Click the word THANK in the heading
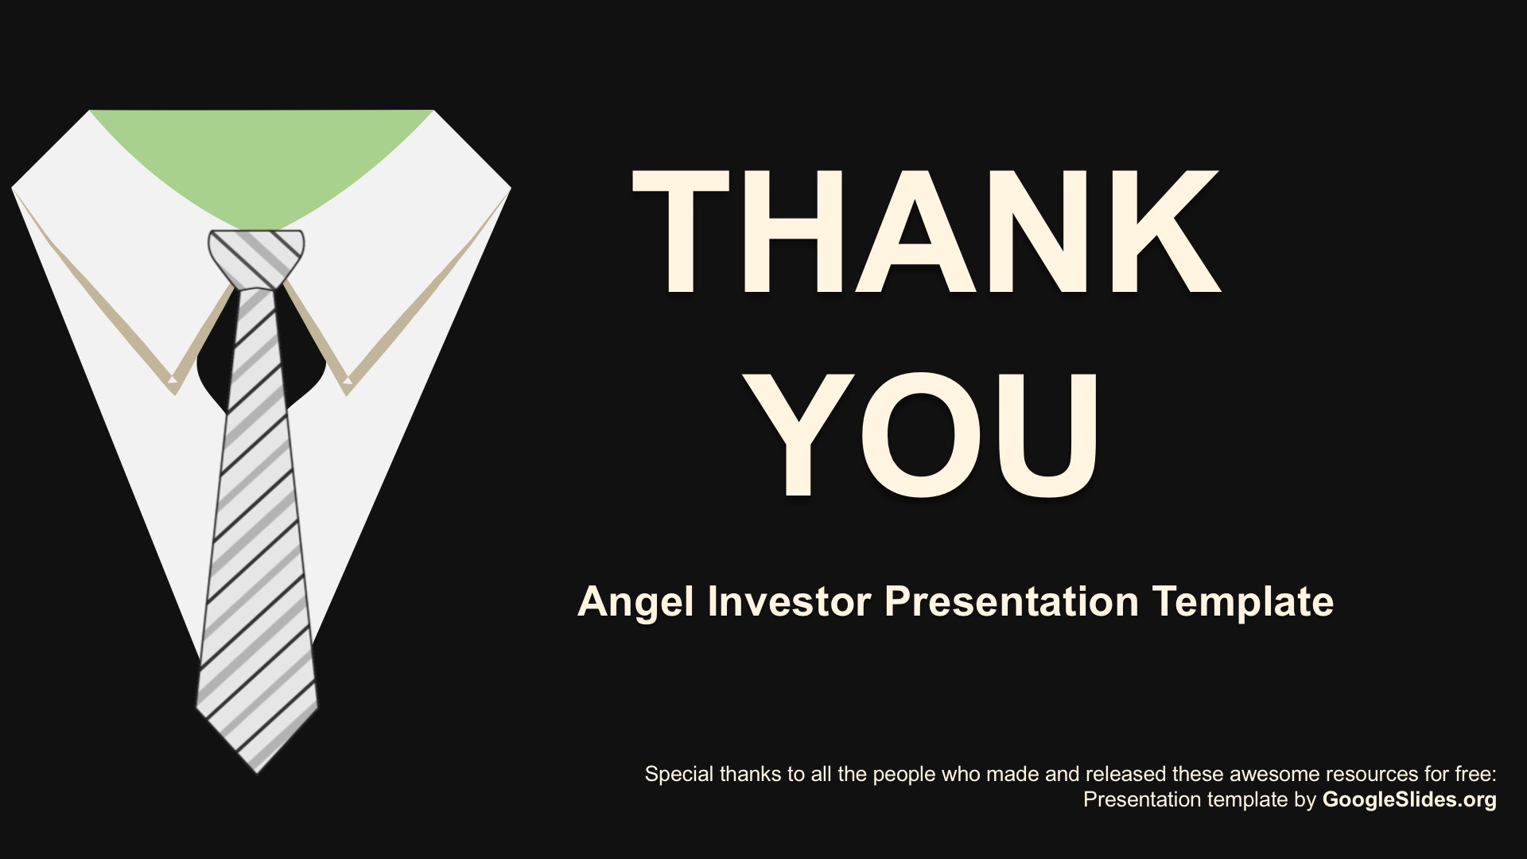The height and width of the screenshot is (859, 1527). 927,231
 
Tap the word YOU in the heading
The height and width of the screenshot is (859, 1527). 925,434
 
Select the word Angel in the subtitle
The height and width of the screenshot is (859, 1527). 635,602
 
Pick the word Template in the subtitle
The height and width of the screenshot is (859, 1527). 1243,602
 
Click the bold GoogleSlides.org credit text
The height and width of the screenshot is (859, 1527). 1409,799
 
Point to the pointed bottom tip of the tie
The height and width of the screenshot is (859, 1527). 257,770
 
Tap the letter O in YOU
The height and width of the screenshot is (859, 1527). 925,434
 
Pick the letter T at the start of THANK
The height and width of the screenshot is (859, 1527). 681,231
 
